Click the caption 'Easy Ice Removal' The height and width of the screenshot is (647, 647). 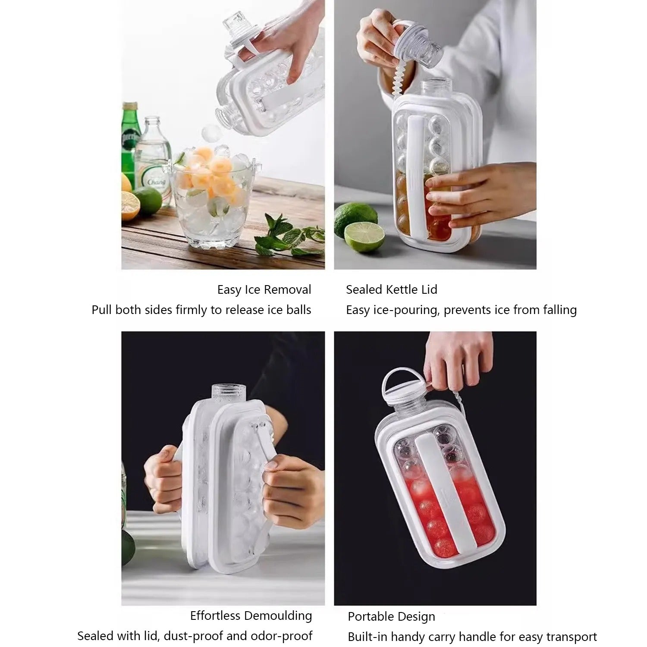point(264,290)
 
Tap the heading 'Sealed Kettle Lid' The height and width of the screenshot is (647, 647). point(392,290)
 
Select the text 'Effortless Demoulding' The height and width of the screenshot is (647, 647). point(251,616)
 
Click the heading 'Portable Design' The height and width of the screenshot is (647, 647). point(392,617)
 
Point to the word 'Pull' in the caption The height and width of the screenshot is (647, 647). point(102,310)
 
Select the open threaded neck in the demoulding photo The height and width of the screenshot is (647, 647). point(229,393)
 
